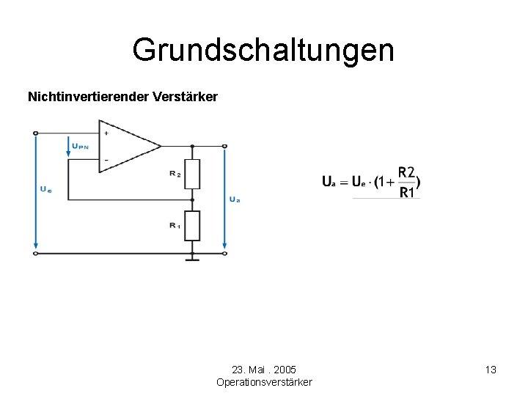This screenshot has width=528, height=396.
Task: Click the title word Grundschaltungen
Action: point(263,51)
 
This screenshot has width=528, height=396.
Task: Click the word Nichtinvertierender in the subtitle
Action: point(87,97)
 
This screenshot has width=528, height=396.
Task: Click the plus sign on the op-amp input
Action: point(106,133)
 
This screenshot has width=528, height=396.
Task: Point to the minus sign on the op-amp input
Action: point(106,160)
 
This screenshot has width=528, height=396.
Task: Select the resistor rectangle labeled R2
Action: point(192,173)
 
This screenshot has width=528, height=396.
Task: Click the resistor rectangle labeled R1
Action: point(192,225)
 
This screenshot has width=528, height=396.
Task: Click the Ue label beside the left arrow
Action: point(45,188)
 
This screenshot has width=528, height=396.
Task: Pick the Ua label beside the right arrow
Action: point(235,199)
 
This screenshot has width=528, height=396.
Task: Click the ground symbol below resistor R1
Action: point(192,257)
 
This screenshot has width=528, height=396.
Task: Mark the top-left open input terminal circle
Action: point(35,133)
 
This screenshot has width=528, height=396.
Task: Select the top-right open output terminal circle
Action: point(224,146)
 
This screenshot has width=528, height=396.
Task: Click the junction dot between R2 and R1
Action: point(192,199)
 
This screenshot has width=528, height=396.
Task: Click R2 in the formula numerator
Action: point(406,173)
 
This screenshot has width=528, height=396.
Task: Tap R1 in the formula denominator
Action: point(408,193)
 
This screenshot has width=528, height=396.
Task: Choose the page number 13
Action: point(491,370)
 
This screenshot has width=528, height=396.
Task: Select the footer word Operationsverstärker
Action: point(264,382)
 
